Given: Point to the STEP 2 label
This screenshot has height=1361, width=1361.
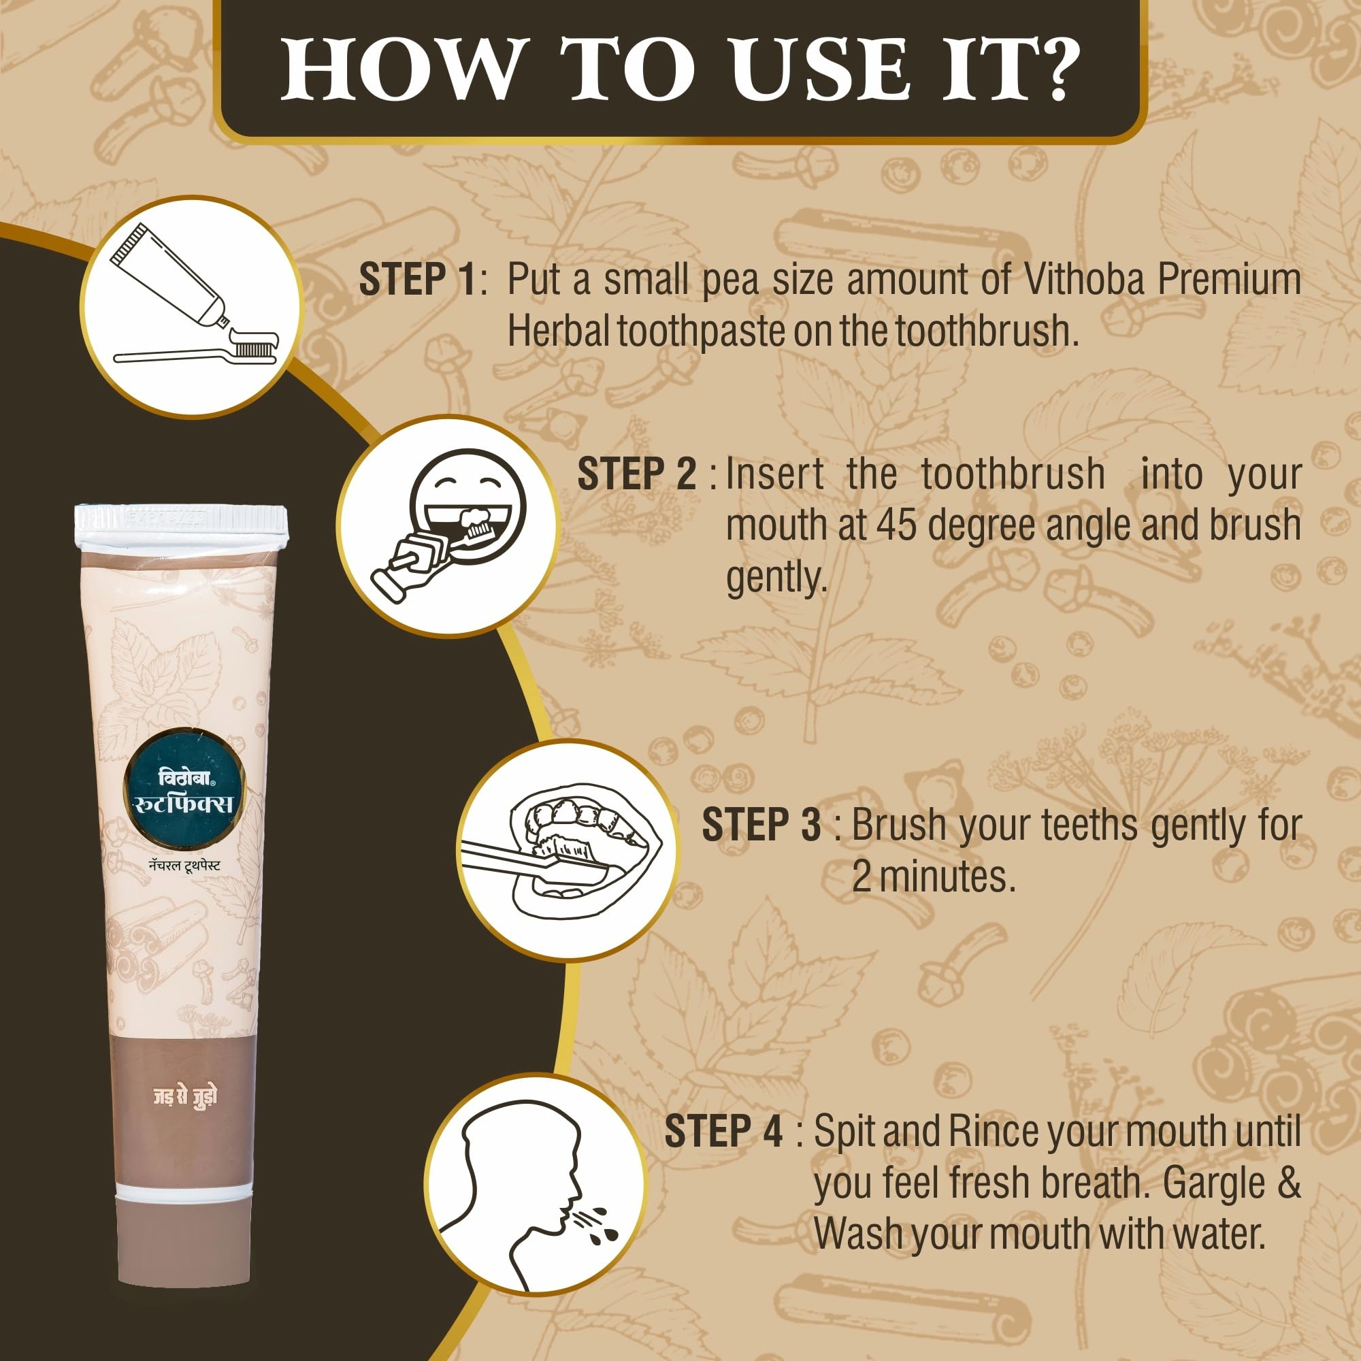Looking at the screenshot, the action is [x=637, y=474].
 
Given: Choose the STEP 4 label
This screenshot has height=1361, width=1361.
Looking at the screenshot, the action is [x=724, y=1132].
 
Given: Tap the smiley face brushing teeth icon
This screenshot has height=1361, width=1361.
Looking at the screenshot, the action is [x=448, y=526].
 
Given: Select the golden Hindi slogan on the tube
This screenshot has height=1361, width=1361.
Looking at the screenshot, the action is [x=185, y=1097].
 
